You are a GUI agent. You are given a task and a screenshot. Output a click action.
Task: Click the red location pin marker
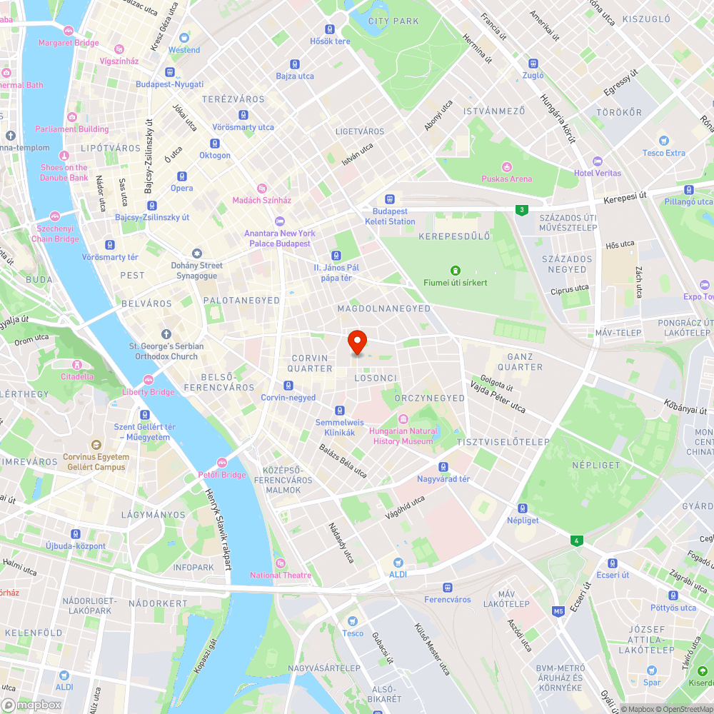pos(356,342)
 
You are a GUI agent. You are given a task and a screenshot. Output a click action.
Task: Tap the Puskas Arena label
pos(506,178)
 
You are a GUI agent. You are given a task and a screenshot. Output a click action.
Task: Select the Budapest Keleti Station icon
pos(390,199)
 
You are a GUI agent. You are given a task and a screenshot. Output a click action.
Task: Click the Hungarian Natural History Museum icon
pos(403,418)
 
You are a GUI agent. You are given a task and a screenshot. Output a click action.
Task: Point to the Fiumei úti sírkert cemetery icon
pos(455,270)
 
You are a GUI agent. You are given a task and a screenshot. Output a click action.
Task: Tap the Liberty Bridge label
pos(149,392)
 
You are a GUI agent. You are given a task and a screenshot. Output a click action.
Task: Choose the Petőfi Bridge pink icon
pos(221,462)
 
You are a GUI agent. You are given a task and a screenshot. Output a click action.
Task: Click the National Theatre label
pos(281,575)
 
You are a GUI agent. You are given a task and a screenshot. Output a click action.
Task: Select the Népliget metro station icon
pos(523,508)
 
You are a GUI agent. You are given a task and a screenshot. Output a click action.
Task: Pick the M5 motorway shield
pos(558,611)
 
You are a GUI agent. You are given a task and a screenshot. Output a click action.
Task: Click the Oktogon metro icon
pos(215,143)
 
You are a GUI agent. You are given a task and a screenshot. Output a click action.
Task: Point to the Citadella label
pos(77,376)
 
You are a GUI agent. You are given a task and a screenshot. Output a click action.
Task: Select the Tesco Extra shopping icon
pos(664,141)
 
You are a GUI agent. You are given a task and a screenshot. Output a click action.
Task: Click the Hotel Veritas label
pos(598,173)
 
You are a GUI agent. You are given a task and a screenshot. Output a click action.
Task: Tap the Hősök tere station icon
pos(330,29)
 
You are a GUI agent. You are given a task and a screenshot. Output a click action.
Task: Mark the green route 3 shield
pos(523,209)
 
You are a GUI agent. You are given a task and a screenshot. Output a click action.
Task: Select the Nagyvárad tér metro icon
pos(443,466)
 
